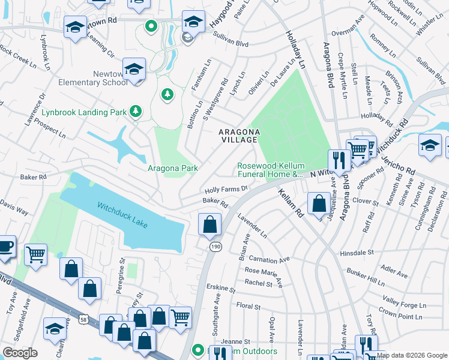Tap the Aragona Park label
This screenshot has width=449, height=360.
click(x=173, y=169)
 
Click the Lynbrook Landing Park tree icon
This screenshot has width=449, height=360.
click(x=137, y=111)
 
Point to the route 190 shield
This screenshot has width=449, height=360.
click(x=214, y=247)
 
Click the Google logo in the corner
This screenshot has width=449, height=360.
click(x=19, y=353)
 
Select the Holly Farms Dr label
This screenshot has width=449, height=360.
click(x=226, y=189)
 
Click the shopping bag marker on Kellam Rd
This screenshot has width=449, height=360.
click(x=318, y=204)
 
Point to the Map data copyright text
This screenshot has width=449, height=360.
click(x=412, y=355)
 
